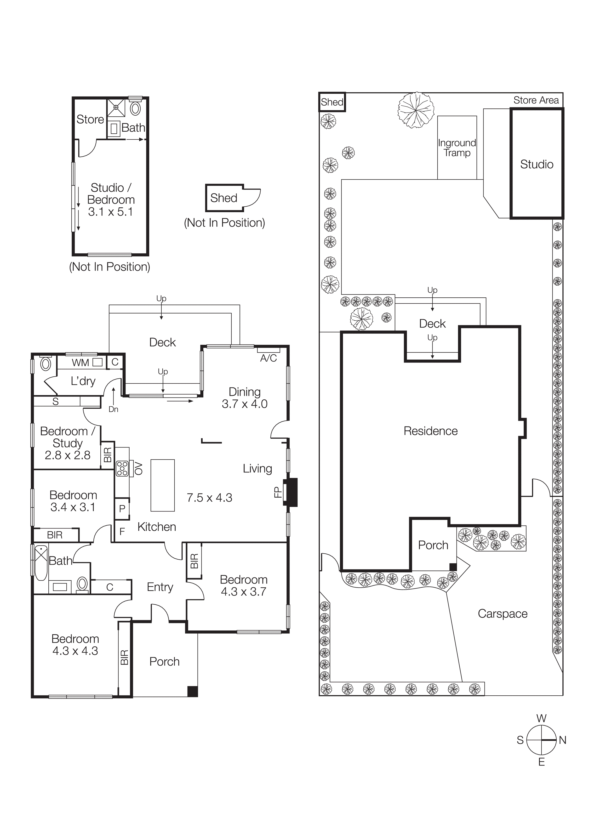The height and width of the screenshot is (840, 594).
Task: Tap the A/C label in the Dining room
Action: coord(268,358)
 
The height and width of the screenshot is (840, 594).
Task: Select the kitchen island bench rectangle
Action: coord(162,485)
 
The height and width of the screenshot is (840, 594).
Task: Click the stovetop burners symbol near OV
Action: coord(122,469)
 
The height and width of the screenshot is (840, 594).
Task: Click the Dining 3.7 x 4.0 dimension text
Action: coord(245,404)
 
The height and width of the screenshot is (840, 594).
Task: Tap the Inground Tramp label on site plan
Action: coord(457,148)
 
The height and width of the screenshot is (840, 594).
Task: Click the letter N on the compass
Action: coord(563,740)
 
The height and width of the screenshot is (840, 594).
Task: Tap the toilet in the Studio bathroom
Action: coord(135,109)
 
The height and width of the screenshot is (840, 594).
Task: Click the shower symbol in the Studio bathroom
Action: coord(116,107)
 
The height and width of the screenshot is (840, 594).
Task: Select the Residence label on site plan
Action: coord(430,431)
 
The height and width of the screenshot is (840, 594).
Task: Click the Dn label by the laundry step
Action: coord(114,409)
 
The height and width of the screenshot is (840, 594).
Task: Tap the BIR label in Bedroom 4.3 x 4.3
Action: coord(125,658)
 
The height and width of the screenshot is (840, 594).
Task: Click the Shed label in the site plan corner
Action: coord(332,102)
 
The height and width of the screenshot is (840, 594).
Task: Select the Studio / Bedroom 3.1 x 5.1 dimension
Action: coord(110,212)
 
